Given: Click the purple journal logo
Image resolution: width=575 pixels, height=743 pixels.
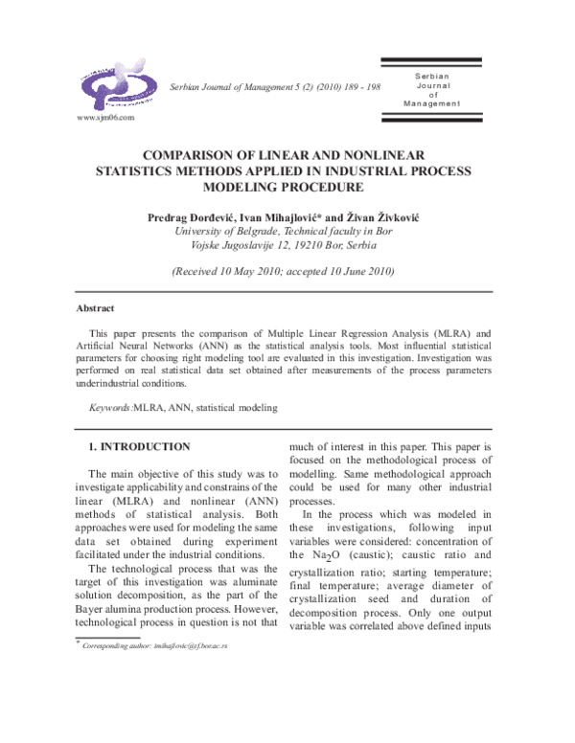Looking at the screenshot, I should (x=113, y=83).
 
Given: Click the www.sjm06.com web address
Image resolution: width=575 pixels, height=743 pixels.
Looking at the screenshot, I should (x=104, y=118).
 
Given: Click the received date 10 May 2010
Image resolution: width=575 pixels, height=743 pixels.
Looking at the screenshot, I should (x=249, y=272).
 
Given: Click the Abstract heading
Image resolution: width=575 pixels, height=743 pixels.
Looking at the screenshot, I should (x=95, y=308).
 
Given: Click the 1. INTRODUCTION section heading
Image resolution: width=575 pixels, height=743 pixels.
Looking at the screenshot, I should (x=140, y=447).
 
